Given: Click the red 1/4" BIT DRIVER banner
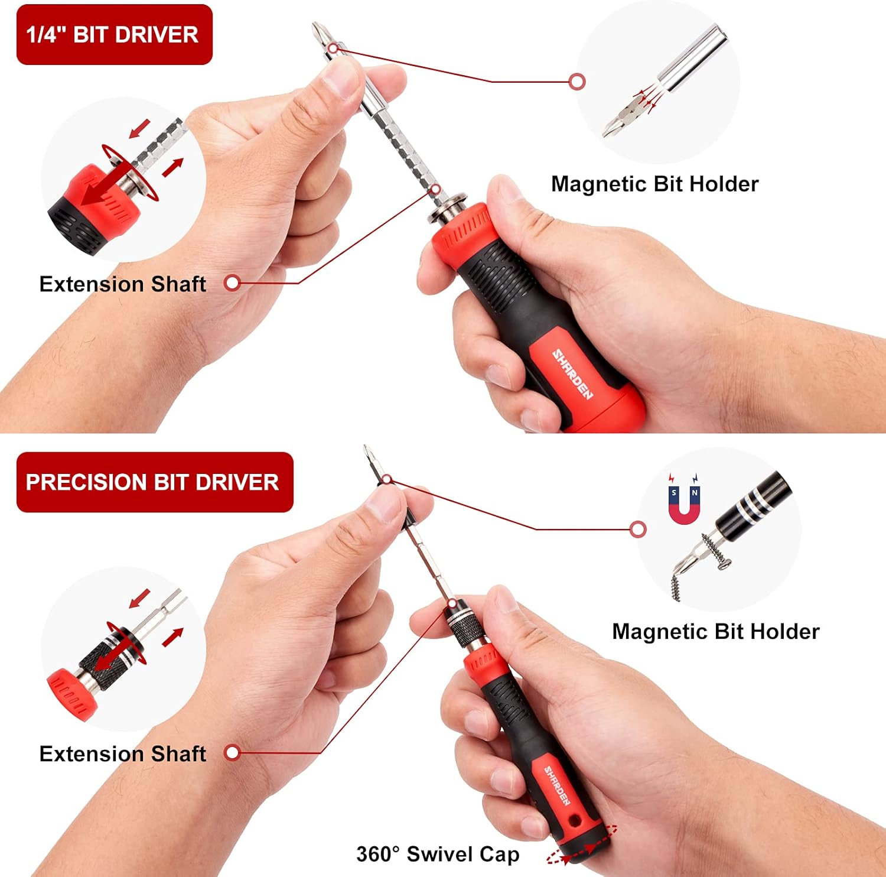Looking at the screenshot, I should tap(114, 35).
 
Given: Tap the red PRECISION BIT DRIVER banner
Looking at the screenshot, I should tap(154, 482).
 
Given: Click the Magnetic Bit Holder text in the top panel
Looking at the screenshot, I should tap(654, 184).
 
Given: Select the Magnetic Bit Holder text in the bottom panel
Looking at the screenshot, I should tap(715, 632).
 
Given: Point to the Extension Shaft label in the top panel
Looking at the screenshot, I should tap(123, 284).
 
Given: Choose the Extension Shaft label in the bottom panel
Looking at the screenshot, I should tap(123, 754).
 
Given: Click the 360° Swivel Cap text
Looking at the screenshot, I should tap(438, 855).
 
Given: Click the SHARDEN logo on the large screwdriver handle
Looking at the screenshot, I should tap(572, 374).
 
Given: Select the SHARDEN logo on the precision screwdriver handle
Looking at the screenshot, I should tap(556, 786).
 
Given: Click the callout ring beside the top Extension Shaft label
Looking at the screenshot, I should tap(233, 283).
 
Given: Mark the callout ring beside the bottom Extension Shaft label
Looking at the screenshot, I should tap(233, 753).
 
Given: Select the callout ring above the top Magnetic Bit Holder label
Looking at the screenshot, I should tap(577, 82).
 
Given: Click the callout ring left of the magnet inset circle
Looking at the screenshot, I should tap(638, 529).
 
